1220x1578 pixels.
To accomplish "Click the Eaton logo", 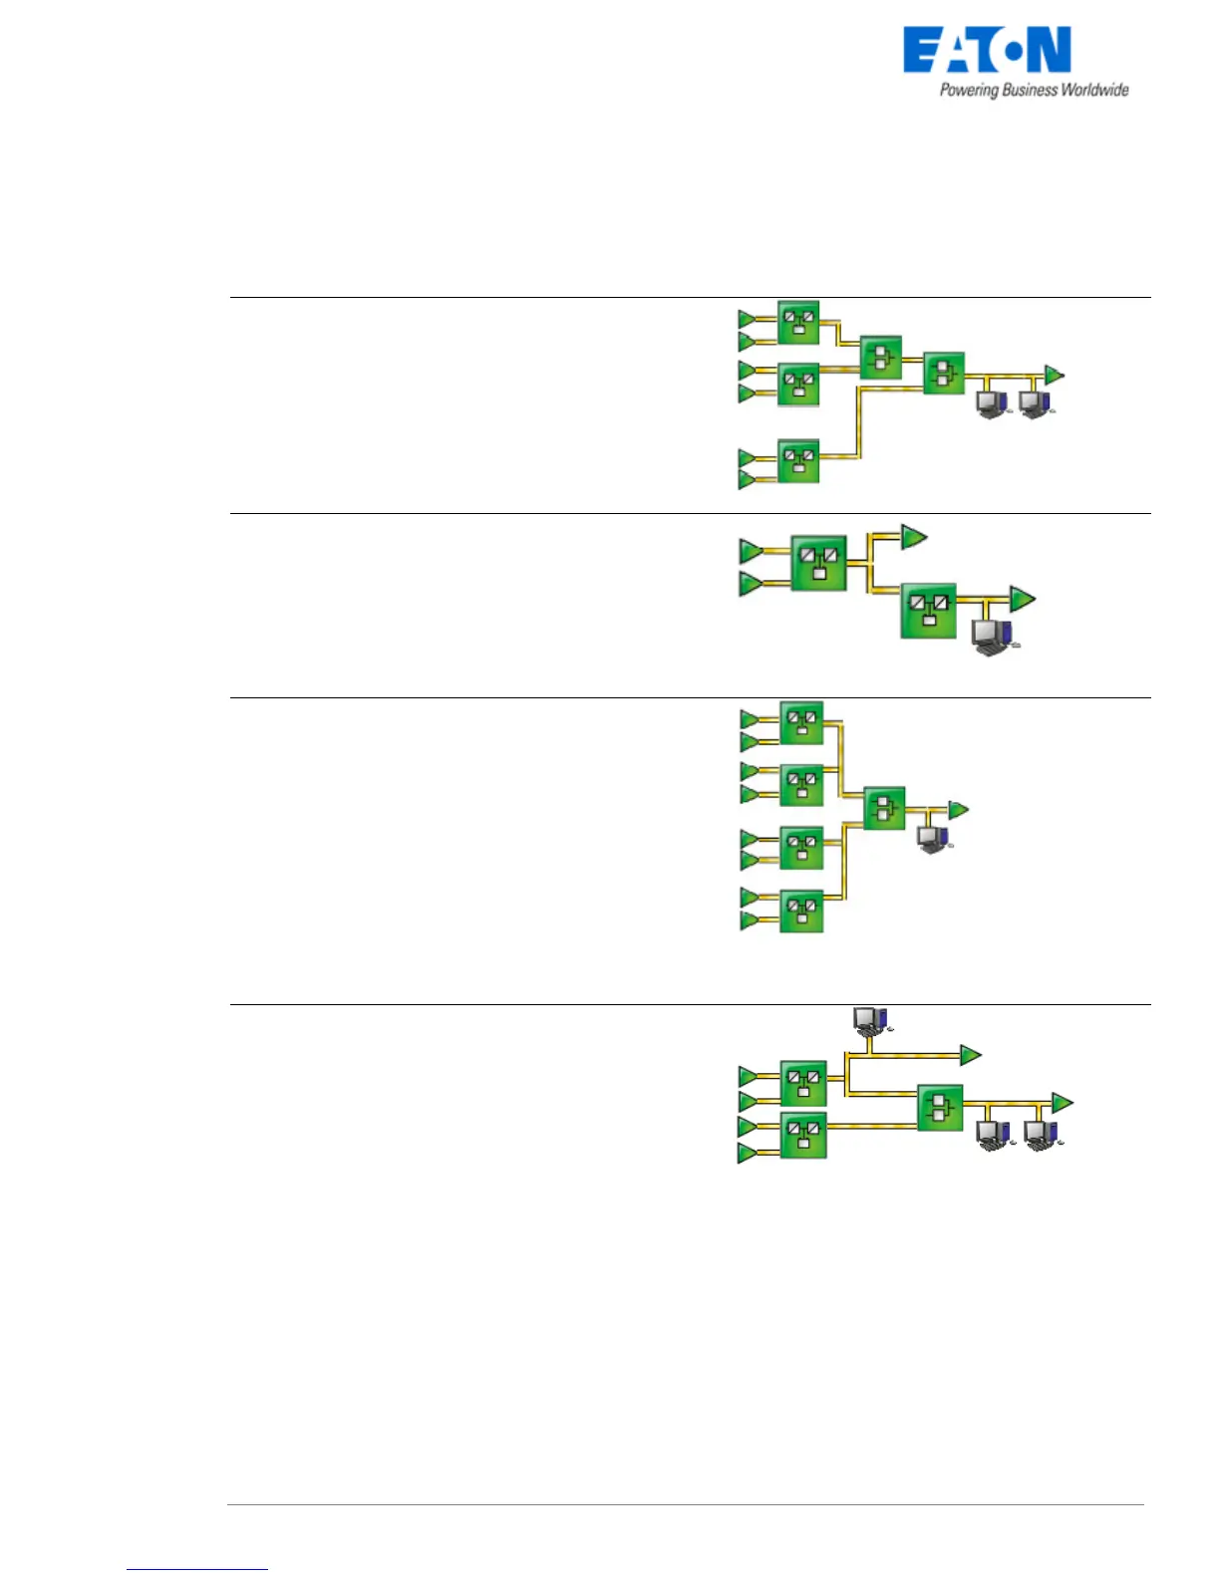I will [986, 51].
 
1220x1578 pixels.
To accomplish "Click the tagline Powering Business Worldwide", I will [1034, 91].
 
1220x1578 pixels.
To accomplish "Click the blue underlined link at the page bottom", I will [197, 1569].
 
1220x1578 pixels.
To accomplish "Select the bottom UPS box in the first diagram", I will [797, 460].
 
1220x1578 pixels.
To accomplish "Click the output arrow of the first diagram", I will [1054, 375].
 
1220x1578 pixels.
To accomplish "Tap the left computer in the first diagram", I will [991, 403].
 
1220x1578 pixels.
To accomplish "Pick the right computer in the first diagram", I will [1036, 403].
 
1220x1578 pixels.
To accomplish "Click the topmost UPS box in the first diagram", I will [797, 322].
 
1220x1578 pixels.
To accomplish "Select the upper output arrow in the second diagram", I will [913, 537].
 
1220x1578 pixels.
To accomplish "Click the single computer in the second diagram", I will [993, 636].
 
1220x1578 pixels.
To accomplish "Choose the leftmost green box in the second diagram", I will [818, 563].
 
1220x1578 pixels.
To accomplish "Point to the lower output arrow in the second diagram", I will [1022, 600].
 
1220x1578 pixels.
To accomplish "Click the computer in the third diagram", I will [933, 839].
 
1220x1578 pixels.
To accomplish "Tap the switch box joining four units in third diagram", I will [883, 808].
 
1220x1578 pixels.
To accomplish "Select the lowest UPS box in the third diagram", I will [801, 910].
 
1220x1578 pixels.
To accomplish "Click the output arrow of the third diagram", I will [958, 810].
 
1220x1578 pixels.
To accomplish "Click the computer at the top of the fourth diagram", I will [870, 1019].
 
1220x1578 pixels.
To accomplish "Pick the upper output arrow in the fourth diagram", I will [970, 1054].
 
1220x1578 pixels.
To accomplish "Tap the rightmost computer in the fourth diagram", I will [1041, 1135].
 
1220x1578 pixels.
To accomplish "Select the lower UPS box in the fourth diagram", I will [803, 1137].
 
